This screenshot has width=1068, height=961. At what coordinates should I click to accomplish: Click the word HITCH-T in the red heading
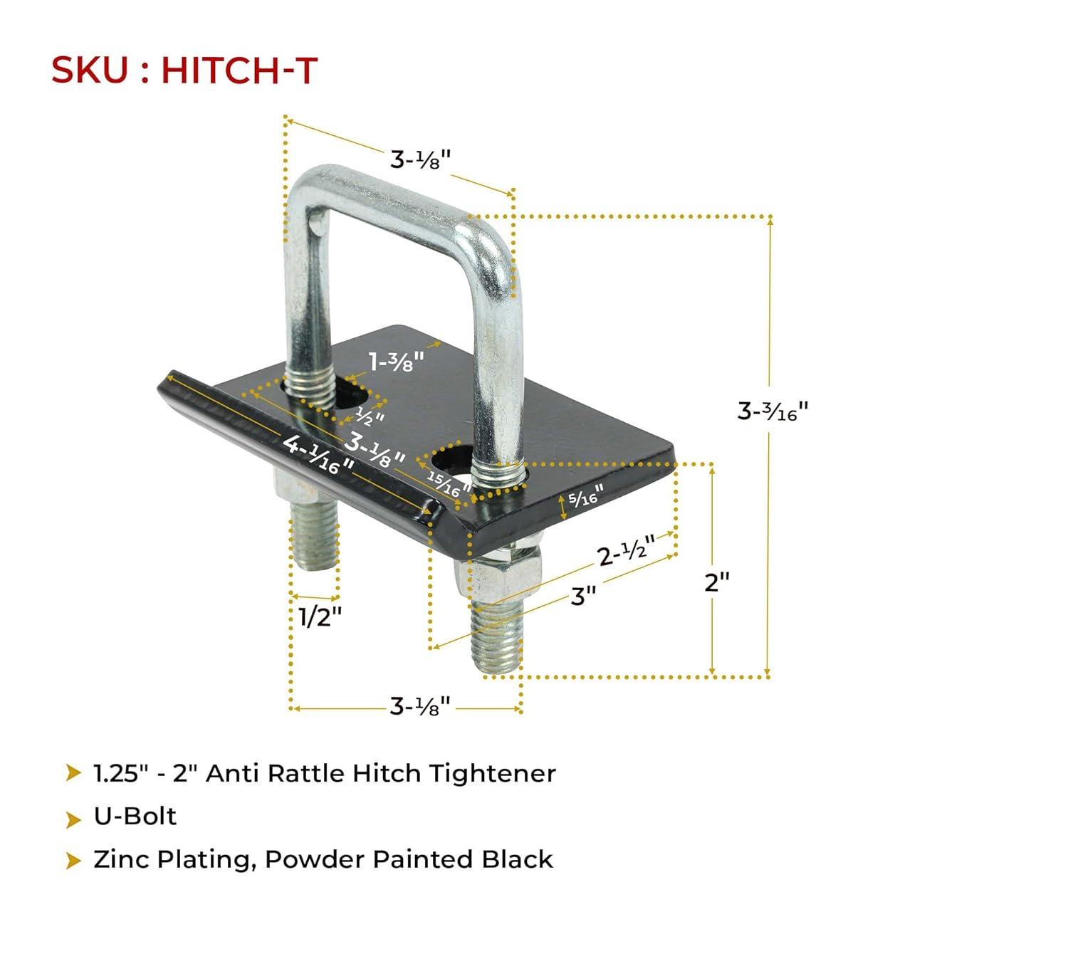pyautogui.click(x=239, y=70)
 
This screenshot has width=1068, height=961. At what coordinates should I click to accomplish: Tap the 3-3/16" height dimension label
pyautogui.click(x=773, y=411)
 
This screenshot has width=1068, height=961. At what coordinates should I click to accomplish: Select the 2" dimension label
pyautogui.click(x=716, y=582)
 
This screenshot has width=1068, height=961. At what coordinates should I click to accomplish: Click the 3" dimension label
pyautogui.click(x=583, y=596)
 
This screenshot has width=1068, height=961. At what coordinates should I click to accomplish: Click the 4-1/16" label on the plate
pyautogui.click(x=318, y=454)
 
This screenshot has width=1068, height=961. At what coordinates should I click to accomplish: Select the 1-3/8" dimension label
pyautogui.click(x=397, y=360)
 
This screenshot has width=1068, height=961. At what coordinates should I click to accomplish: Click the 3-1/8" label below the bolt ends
pyautogui.click(x=420, y=706)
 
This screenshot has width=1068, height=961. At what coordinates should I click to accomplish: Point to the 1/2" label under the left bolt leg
pyautogui.click(x=320, y=616)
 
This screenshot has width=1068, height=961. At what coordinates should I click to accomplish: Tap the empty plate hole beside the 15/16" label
pyautogui.click(x=451, y=461)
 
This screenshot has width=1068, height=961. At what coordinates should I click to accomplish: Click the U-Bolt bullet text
pyautogui.click(x=135, y=816)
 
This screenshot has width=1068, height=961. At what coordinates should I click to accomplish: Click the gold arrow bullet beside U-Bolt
pyautogui.click(x=73, y=819)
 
